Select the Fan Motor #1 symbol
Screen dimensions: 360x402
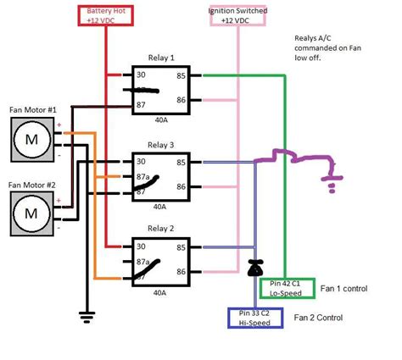(x=31, y=138)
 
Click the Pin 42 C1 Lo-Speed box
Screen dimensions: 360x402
(x=286, y=289)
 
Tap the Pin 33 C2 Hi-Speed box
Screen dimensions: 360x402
(x=260, y=318)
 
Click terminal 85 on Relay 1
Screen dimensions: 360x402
(x=181, y=75)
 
